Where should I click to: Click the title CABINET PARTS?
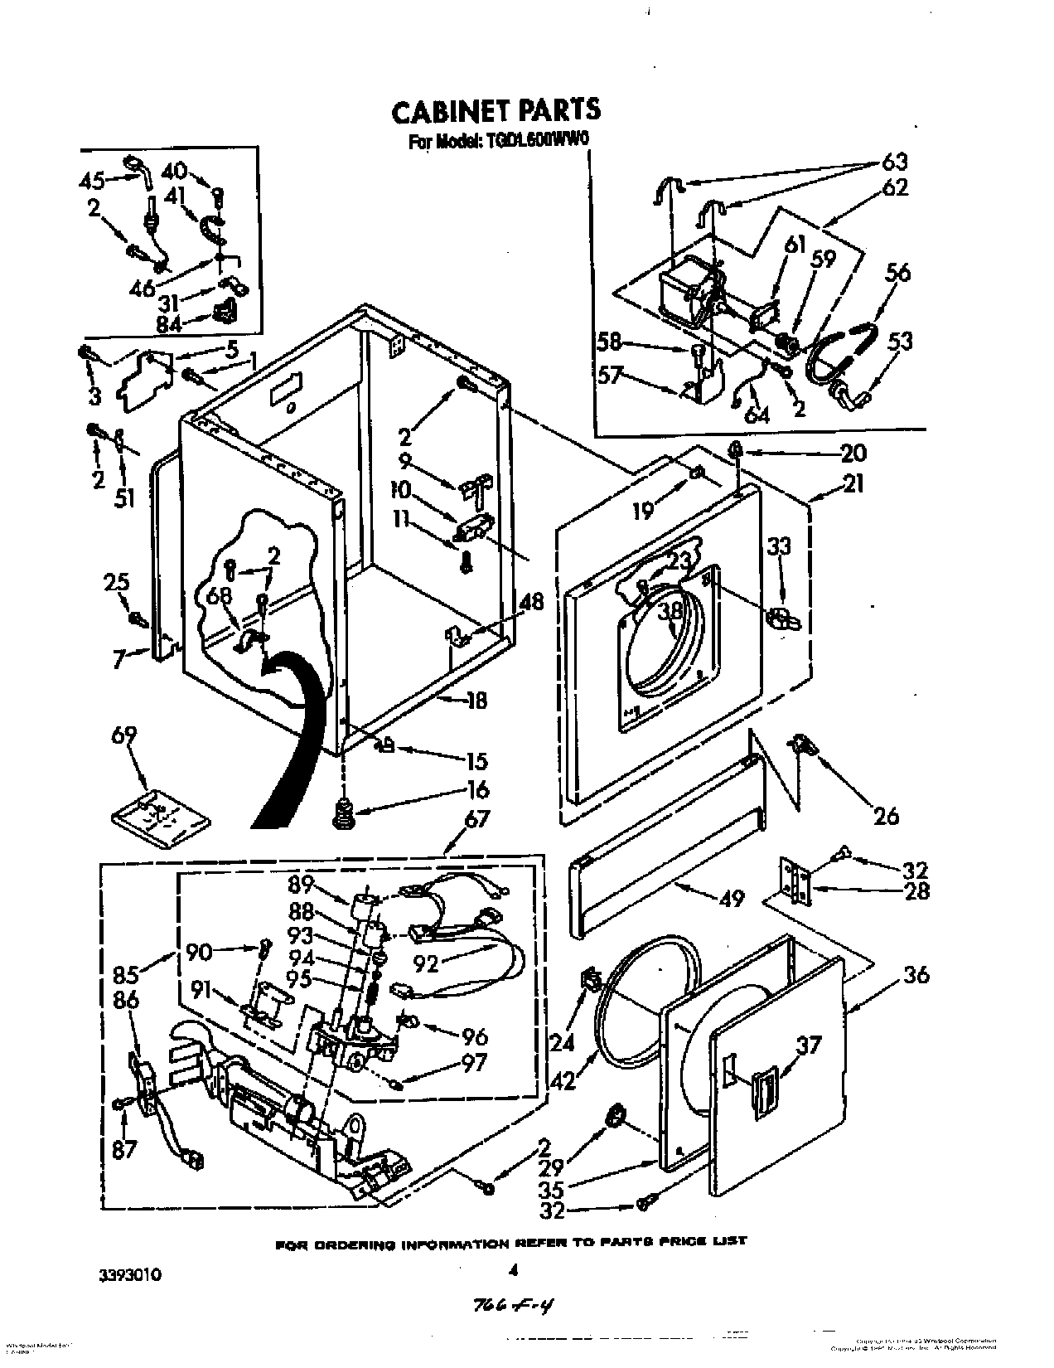pyautogui.click(x=496, y=111)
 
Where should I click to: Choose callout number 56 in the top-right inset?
pyautogui.click(x=897, y=273)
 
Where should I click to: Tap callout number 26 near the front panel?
pyautogui.click(x=886, y=816)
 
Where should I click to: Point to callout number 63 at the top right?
pyautogui.click(x=894, y=160)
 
